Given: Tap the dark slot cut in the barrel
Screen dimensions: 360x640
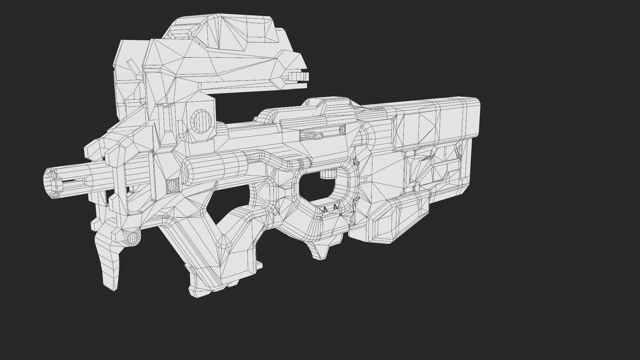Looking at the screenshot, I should pyautogui.click(x=72, y=182).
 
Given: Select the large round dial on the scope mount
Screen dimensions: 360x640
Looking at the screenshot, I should pyautogui.click(x=201, y=120).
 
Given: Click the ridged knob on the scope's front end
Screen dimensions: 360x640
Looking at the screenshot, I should pyautogui.click(x=299, y=76).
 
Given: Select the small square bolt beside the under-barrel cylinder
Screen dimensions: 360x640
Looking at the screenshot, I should pyautogui.click(x=173, y=185).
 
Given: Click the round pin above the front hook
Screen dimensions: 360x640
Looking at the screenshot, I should pyautogui.click(x=133, y=239).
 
